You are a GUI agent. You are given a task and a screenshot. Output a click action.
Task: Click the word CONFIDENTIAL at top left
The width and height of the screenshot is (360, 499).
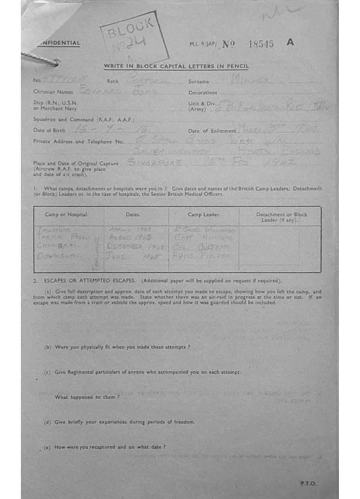59,43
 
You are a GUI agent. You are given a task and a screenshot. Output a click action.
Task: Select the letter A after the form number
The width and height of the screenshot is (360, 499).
290,42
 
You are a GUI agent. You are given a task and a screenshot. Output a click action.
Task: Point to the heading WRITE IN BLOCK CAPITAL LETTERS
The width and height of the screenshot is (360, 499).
176,66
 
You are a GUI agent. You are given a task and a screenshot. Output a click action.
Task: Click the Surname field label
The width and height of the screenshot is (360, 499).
199,82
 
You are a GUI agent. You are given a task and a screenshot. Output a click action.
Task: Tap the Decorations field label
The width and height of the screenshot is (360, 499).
203,93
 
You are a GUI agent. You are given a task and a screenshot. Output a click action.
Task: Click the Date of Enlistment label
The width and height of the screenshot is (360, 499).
212,131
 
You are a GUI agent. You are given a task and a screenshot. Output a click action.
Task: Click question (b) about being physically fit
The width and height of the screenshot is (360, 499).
117,347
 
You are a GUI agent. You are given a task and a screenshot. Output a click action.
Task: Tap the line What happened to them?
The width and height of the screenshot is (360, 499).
87,397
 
